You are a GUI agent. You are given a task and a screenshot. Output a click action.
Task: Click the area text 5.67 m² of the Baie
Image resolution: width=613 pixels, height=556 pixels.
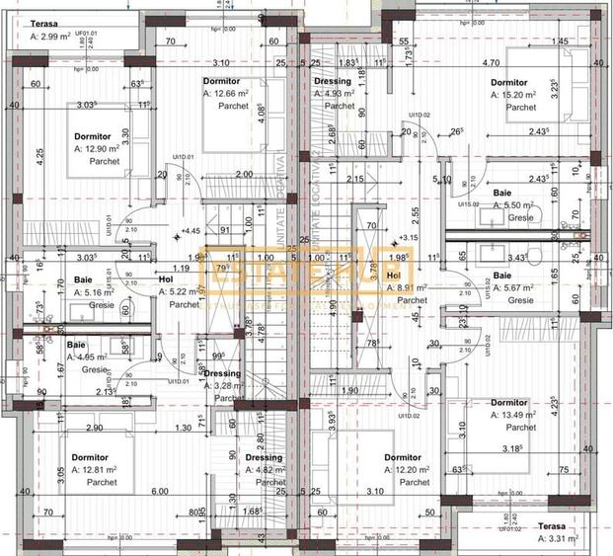pyautogui.click(x=515, y=287)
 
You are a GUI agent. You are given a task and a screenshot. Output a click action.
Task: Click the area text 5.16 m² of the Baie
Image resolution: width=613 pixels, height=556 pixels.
pyautogui.click(x=94, y=292)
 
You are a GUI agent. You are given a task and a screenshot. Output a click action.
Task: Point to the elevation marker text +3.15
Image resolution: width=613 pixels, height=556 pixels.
pyautogui.click(x=407, y=238)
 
